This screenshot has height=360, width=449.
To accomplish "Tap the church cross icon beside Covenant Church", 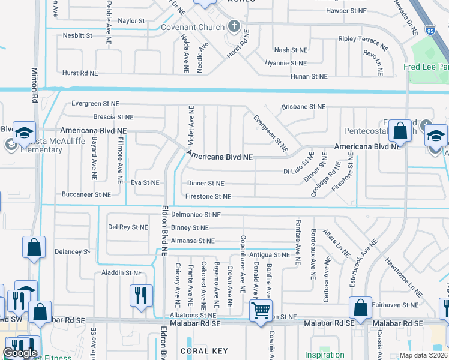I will pos(234,27).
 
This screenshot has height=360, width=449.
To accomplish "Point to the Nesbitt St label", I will pos(77,35).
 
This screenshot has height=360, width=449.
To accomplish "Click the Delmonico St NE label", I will pos(196,214).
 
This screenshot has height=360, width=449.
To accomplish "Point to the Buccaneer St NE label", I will pos(86,194).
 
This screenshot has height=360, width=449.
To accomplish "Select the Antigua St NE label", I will pos(270,255).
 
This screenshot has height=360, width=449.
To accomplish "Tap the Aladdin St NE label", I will pos(122,272).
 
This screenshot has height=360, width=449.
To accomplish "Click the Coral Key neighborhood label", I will pos(203,351).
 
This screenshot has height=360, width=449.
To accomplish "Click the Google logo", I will pos(20,353).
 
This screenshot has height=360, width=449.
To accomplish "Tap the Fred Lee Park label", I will pos(426,67).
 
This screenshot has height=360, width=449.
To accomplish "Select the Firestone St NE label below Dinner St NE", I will pos(208,196).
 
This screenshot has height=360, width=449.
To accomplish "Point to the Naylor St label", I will pos(132,20).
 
